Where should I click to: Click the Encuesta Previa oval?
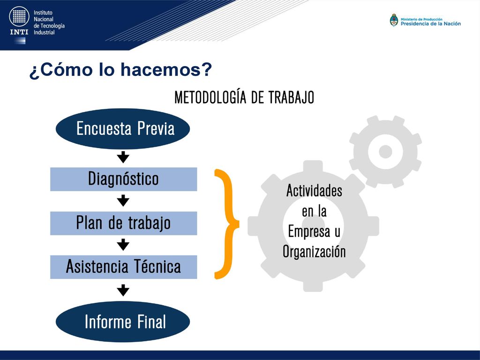[x=123, y=128]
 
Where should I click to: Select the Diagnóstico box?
[x=124, y=179]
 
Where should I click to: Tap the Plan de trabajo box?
[x=124, y=223]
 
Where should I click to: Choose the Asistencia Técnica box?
[x=124, y=267]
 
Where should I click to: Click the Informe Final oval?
[x=123, y=322]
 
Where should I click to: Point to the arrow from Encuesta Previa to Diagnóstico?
[x=123, y=157]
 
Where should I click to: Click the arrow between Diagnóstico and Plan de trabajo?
[x=123, y=201]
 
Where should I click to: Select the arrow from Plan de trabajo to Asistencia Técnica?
[x=123, y=245]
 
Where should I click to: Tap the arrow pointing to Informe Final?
[x=123, y=290]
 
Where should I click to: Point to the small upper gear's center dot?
[x=385, y=151]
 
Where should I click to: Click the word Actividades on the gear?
[x=315, y=191]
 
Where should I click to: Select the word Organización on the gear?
[x=315, y=252]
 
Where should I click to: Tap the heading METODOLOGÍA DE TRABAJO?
[x=244, y=97]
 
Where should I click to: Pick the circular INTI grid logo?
[x=19, y=16]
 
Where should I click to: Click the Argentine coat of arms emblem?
[x=394, y=21]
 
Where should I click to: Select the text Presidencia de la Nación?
[x=431, y=23]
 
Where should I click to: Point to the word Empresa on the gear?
[x=309, y=232]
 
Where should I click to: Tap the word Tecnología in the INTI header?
[x=52, y=26]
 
